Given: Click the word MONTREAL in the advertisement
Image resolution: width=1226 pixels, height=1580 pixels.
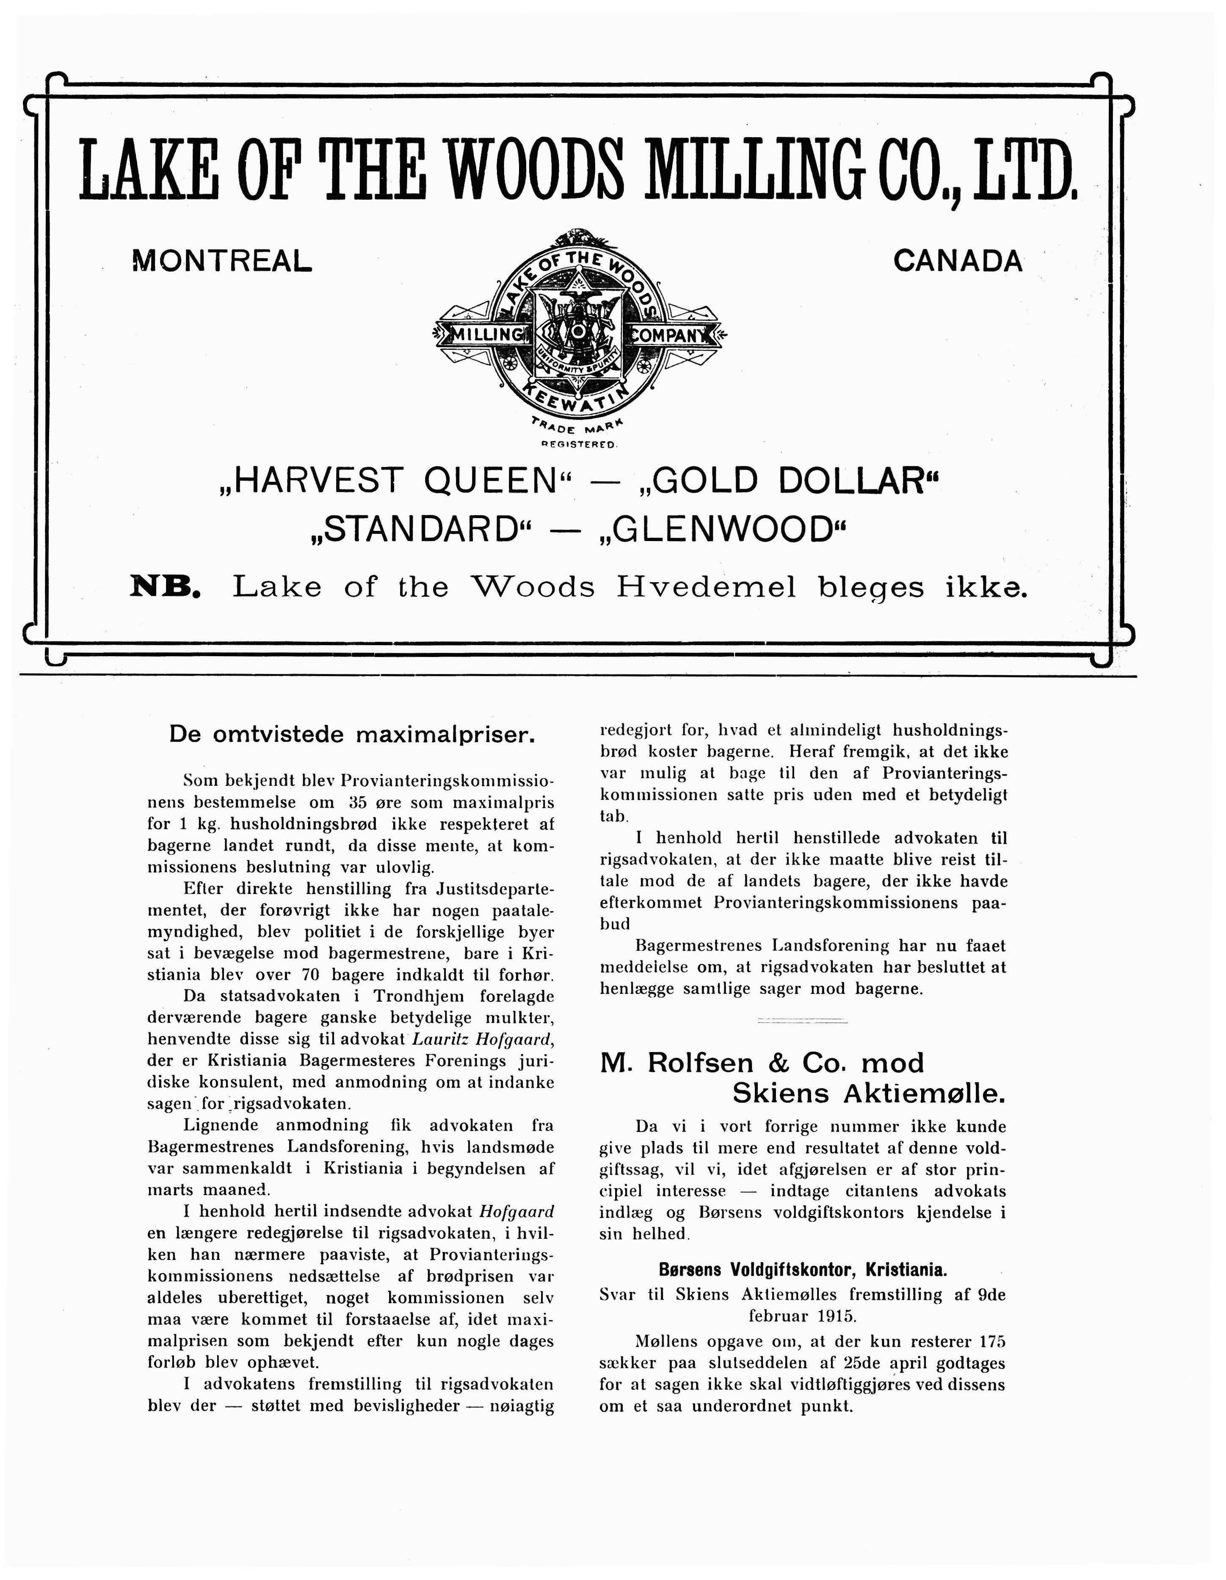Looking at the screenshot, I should [222, 260].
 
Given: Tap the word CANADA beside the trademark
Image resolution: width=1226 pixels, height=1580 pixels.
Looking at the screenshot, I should [958, 260].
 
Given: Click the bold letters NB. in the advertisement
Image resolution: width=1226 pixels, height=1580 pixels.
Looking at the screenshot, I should [165, 586].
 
